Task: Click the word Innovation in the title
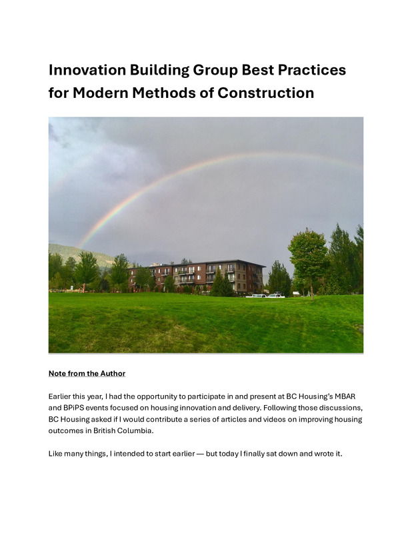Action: tap(87, 70)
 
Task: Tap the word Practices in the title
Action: tap(312, 70)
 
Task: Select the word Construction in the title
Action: tap(266, 93)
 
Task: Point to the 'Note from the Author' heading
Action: tap(87, 373)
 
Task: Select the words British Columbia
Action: tap(123, 430)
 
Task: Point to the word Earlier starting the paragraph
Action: tap(59, 396)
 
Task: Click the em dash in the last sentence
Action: tap(201, 454)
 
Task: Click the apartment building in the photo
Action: tap(197, 276)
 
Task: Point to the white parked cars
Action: tap(265, 296)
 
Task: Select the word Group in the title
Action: tap(215, 70)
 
